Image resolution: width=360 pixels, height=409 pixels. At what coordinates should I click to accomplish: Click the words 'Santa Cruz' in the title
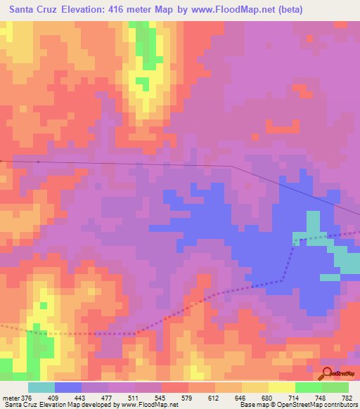(32, 10)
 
